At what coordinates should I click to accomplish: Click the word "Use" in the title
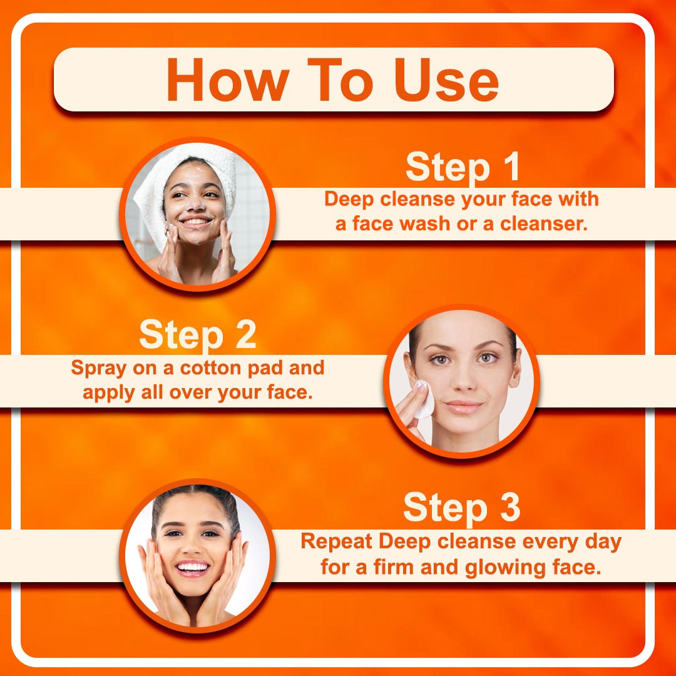point(447,81)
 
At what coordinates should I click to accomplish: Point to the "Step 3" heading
point(462,508)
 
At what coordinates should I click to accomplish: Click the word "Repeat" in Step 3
point(337,542)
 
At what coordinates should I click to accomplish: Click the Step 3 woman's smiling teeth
point(192,566)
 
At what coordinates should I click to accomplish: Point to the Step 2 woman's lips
point(463,407)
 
